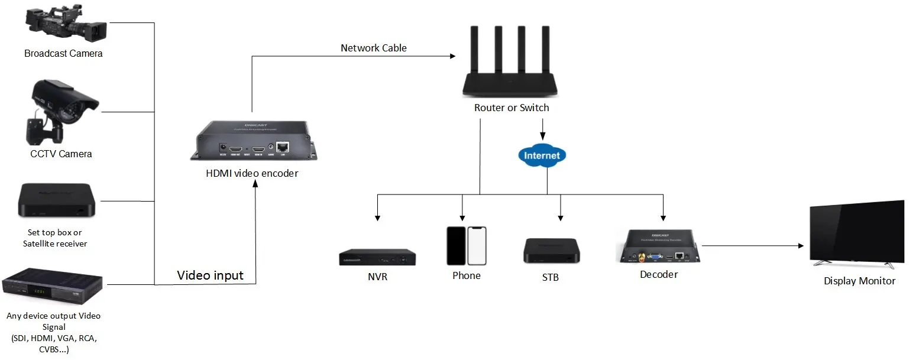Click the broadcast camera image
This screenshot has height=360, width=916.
[66, 24]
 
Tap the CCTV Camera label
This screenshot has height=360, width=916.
[62, 154]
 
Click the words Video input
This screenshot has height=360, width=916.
[211, 275]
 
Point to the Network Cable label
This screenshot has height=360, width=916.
[374, 48]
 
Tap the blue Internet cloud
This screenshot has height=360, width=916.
[542, 156]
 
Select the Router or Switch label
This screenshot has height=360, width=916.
[512, 108]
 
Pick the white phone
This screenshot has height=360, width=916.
[477, 246]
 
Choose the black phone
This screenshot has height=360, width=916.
[456, 246]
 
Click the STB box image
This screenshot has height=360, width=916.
[551, 251]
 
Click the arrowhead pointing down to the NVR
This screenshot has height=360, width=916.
[377, 216]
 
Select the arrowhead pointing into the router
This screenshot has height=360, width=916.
[452, 56]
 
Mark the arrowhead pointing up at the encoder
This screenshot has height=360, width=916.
[255, 184]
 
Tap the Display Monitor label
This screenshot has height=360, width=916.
[859, 281]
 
